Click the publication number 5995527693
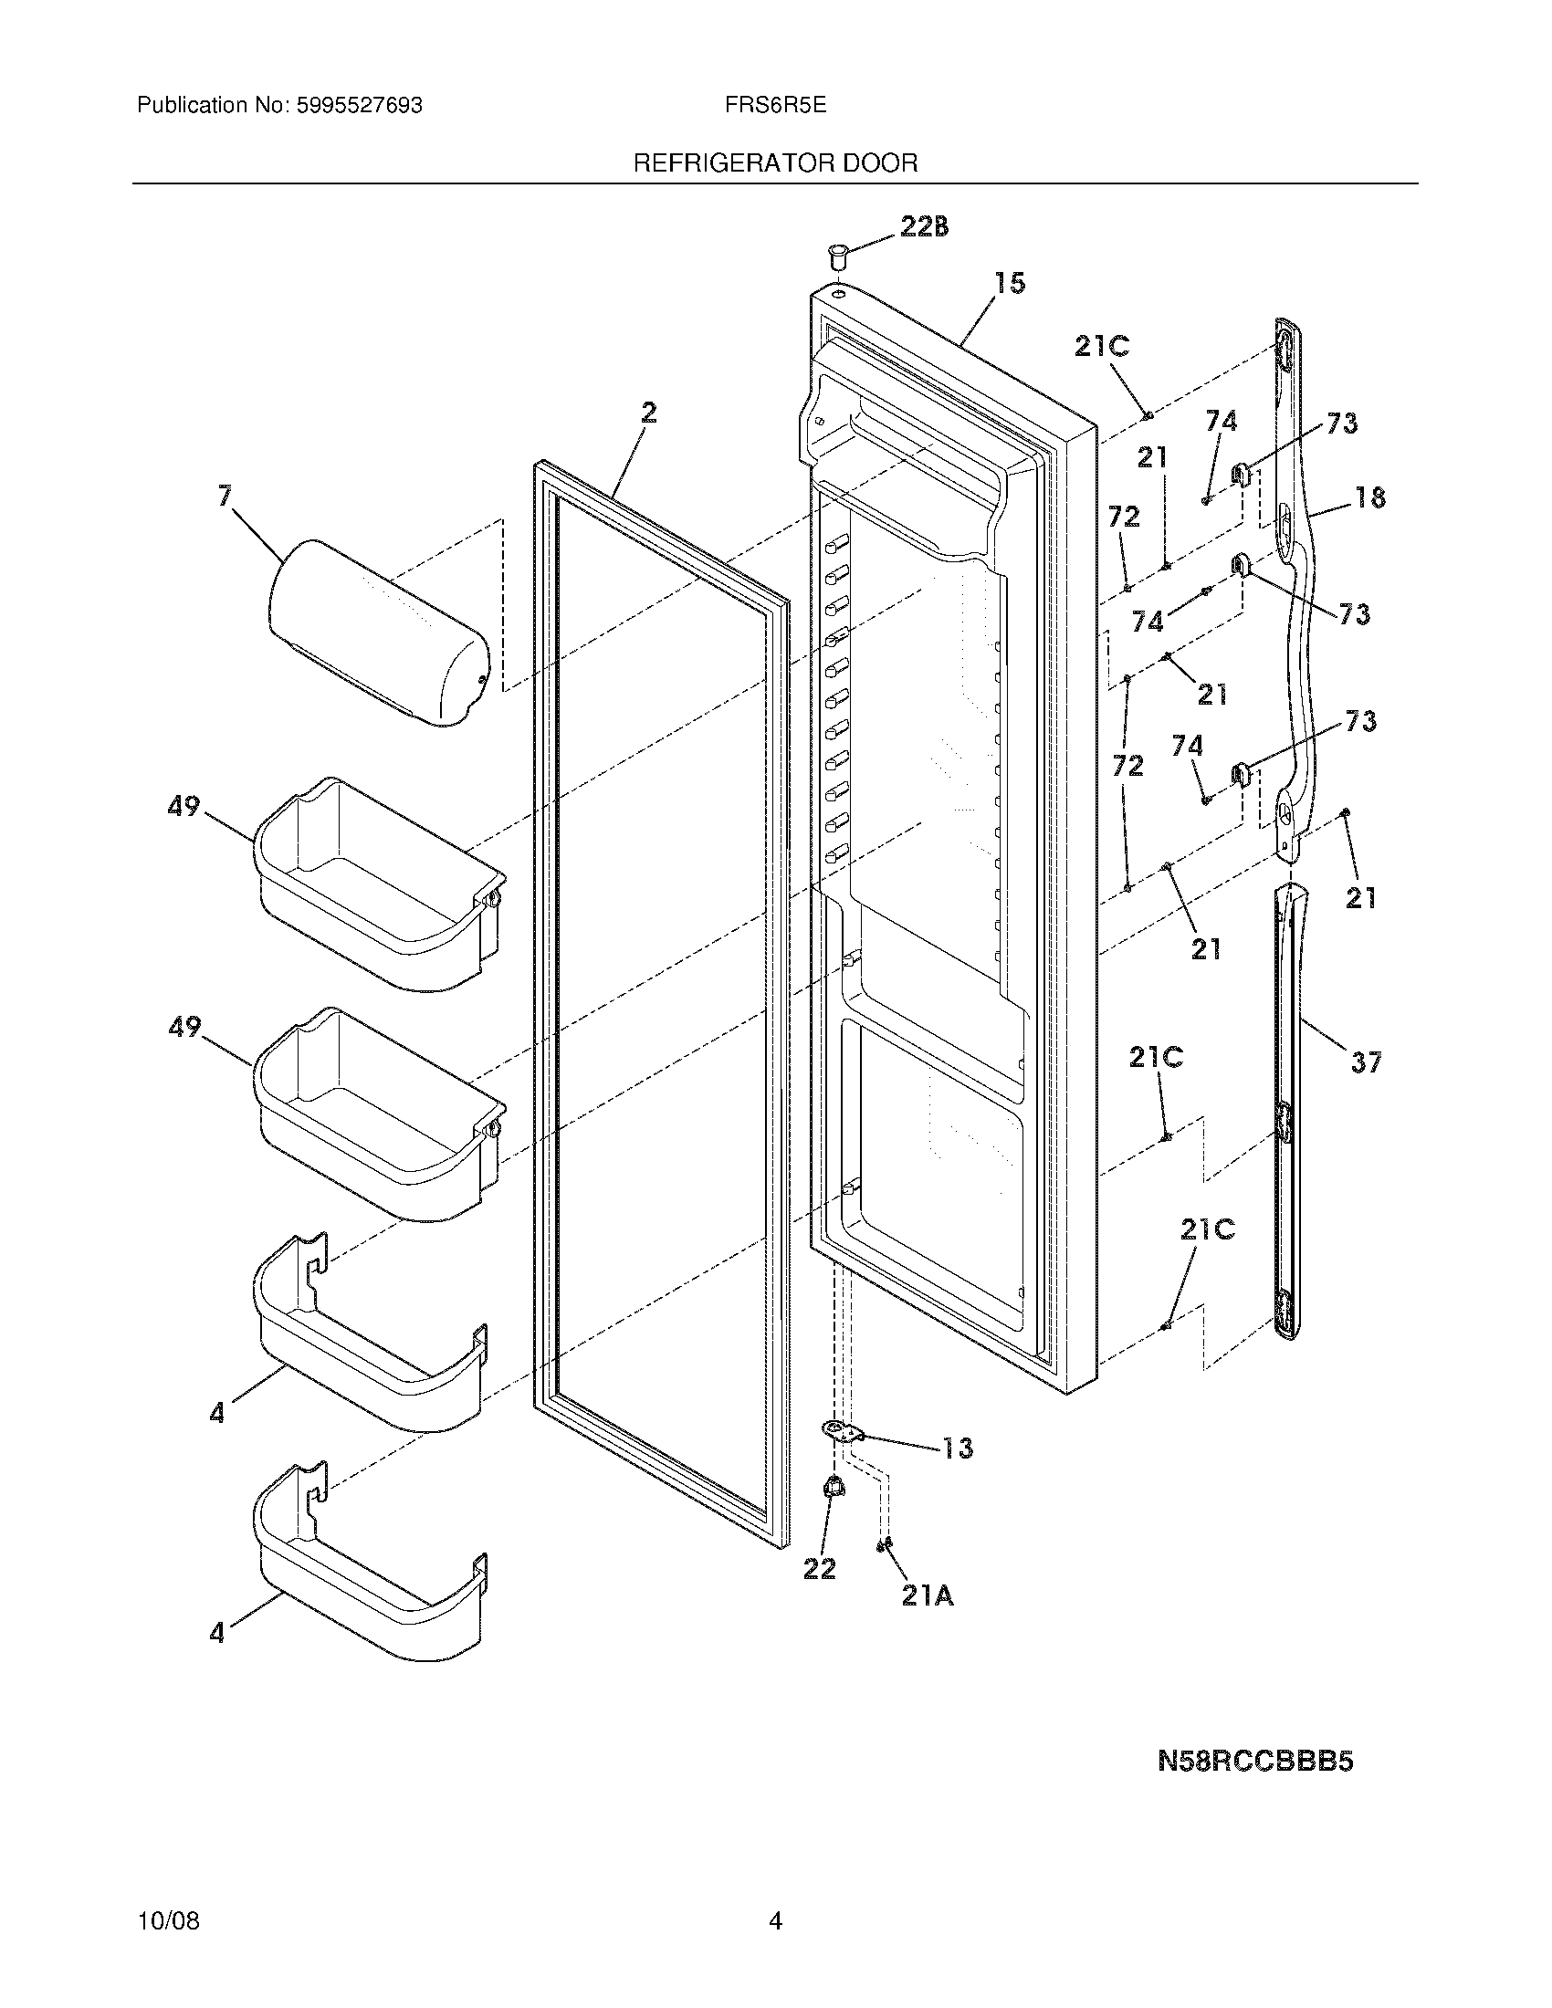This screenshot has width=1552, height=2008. [x=360, y=106]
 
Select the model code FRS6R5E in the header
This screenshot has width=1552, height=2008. [x=775, y=105]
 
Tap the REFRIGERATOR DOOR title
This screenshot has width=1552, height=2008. [x=775, y=163]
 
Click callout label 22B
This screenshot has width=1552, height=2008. [x=923, y=226]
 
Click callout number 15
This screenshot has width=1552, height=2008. [x=1009, y=284]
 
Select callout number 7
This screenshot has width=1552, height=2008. [x=225, y=497]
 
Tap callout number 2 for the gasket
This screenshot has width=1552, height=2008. [x=648, y=413]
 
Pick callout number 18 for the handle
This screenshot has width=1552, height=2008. [x=1369, y=497]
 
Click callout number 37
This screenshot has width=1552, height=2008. [x=1367, y=1062]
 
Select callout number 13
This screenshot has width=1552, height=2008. [x=957, y=1448]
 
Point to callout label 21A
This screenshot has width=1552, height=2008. [x=927, y=1597]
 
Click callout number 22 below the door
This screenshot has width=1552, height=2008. [x=819, y=1568]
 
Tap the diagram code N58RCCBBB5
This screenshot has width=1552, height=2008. [x=1255, y=1762]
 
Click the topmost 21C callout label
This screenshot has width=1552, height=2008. [x=1102, y=347]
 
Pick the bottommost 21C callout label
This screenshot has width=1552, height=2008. [x=1207, y=1230]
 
